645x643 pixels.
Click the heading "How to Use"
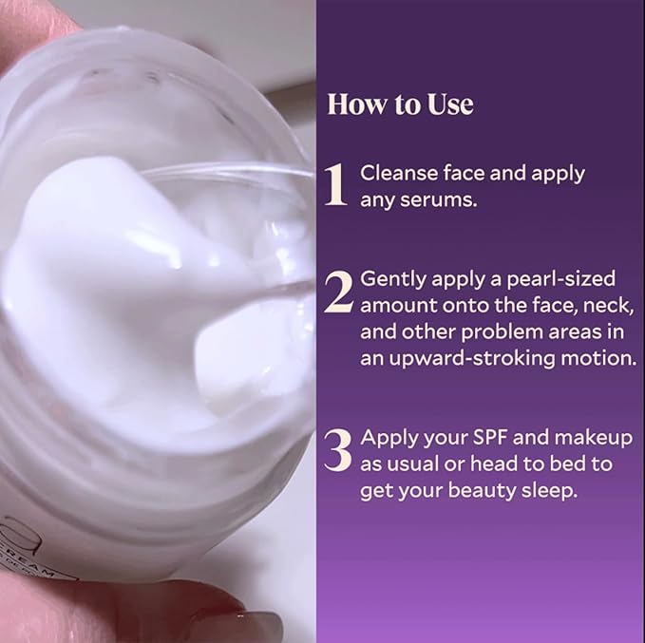coord(399,104)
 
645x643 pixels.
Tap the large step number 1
coord(335,184)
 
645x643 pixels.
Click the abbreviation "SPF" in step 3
coord(495,438)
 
